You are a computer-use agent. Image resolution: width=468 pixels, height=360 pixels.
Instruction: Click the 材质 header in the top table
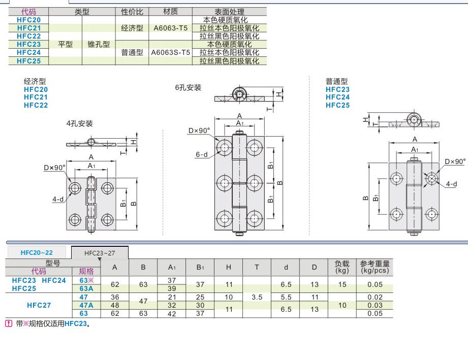tap(171, 12)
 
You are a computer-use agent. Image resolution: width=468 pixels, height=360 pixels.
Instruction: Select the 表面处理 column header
tap(229, 12)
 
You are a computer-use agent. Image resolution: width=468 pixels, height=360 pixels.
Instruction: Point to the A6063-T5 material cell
tap(171, 28)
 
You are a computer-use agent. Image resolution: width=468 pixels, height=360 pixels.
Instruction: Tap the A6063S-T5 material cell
tap(171, 52)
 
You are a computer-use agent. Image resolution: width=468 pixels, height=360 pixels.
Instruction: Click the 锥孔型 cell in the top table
tap(99, 44)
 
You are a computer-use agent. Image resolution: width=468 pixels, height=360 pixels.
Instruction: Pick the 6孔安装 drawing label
tap(188, 87)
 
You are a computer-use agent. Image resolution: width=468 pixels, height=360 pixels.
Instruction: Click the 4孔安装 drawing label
tap(80, 123)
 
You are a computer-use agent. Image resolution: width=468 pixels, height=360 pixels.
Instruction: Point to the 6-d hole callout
tap(201, 155)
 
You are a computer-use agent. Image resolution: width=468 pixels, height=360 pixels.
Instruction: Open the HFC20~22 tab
tap(37, 252)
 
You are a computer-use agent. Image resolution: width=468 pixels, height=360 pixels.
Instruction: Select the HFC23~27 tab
tap(100, 252)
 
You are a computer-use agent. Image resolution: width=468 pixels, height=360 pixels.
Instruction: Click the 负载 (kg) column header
tap(342, 267)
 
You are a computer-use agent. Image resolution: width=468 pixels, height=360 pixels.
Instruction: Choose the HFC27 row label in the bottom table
tap(39, 305)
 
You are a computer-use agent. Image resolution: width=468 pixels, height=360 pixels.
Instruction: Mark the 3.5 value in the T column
tap(257, 297)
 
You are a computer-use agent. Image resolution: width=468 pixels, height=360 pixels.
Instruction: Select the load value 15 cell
tap(342, 284)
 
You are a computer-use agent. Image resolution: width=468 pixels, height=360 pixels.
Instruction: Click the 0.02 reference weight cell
tap(375, 297)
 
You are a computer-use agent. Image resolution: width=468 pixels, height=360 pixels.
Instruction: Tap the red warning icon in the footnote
tap(8, 323)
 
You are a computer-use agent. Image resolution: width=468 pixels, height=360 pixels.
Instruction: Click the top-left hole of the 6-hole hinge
tap(225, 147)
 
